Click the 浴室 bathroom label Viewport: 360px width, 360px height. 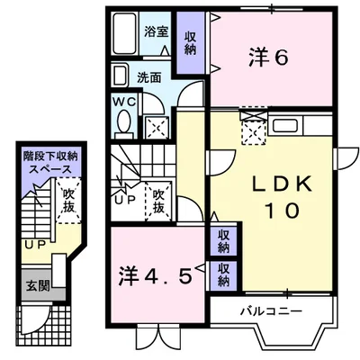[x=157, y=31]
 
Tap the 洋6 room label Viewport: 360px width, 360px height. [x=267, y=57]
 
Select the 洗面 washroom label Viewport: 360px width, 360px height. [x=149, y=77]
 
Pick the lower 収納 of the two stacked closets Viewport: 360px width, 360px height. [x=222, y=274]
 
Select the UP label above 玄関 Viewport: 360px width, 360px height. [x=33, y=244]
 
